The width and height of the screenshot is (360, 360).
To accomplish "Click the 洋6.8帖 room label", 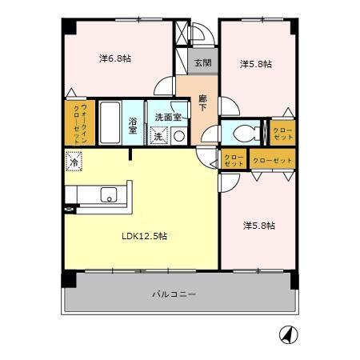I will pos(116,58).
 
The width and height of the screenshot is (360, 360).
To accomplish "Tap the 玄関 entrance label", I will pos(202,62).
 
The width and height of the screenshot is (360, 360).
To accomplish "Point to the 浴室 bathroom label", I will pos(134,126).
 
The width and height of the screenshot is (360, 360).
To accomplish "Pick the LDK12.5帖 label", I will pos(144,236).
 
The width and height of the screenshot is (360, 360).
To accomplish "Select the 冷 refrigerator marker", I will pos(74,163).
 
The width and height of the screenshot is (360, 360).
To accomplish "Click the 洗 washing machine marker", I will pos(158,136).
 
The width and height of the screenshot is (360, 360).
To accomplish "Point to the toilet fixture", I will pos(245,133).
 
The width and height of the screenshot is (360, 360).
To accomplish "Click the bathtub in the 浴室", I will pos(110,122).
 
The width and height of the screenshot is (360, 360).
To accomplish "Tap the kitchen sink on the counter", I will pos(108,194).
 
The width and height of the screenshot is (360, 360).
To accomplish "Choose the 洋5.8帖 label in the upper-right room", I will pos(258,64).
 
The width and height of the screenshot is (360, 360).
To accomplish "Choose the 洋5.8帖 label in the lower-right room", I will pos(259,226).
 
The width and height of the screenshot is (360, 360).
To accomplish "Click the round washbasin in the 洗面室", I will pos(178,136).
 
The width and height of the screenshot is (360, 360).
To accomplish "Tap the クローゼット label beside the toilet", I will pos(283,134).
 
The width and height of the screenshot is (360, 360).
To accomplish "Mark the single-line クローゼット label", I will pos(272,160).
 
